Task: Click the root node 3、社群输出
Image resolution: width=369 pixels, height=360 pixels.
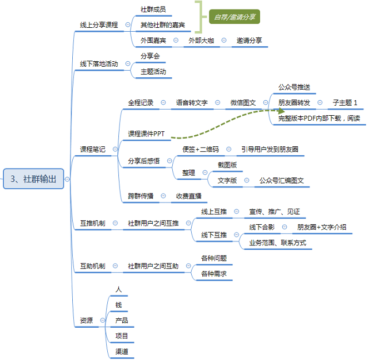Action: (33, 179)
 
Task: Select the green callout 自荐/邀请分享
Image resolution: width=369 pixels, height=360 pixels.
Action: (235, 17)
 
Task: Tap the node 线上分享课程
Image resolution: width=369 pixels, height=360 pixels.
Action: (99, 25)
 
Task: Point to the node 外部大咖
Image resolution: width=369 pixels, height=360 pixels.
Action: (201, 41)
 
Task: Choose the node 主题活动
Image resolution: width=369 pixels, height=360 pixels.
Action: (153, 72)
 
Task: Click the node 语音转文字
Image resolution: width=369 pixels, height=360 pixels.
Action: (192, 103)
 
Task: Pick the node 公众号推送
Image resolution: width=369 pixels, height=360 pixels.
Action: (294, 87)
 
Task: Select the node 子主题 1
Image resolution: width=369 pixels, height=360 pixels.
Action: (345, 103)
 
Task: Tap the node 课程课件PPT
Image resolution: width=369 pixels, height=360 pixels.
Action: (146, 134)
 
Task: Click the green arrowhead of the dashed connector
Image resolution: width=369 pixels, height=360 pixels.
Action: (281, 111)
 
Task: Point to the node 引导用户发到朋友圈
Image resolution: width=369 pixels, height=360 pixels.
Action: (270, 149)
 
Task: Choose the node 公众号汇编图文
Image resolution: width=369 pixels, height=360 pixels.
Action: (281, 180)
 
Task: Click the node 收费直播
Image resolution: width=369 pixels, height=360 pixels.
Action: (189, 196)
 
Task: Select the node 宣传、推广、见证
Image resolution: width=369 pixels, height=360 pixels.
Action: (275, 211)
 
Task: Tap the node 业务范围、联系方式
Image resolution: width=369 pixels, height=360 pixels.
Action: (278, 243)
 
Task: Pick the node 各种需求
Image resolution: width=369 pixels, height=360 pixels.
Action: (214, 274)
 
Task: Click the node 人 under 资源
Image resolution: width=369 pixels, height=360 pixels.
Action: (118, 289)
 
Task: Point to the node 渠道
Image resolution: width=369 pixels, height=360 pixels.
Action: (122, 352)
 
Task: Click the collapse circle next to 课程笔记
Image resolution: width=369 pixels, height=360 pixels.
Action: (115, 149)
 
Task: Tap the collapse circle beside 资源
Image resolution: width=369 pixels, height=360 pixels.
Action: (103, 320)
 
